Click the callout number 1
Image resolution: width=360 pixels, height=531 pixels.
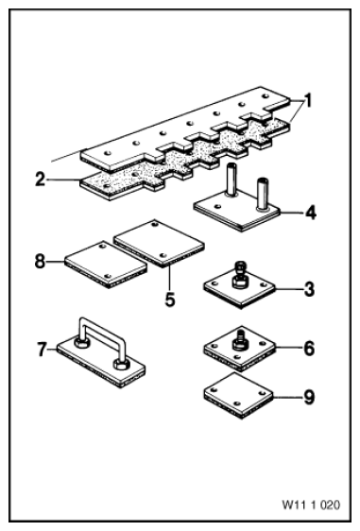coord(307,101)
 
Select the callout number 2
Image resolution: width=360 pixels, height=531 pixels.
coord(41,180)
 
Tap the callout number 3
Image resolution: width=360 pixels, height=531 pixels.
coord(309,289)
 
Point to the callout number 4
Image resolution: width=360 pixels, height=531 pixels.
coord(310,213)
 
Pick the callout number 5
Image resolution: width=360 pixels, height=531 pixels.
coord(170,299)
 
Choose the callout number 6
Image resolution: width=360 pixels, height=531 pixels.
coord(309,348)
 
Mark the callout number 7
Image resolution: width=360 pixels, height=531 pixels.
coord(42,350)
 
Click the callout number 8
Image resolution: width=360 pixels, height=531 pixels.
coord(41,262)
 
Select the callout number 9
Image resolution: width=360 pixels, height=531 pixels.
coord(309,397)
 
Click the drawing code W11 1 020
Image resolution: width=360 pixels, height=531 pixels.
coord(311,505)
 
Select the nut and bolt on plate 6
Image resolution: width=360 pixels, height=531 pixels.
coord(240,339)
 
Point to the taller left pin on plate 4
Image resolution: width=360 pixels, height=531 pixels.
coord(232,180)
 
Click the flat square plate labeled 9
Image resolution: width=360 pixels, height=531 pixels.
coord(238,396)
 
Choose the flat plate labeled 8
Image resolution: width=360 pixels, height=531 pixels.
coord(106,265)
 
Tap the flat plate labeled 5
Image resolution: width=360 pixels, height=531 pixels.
coord(159,244)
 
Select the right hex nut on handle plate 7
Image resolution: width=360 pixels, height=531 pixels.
coord(121,365)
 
